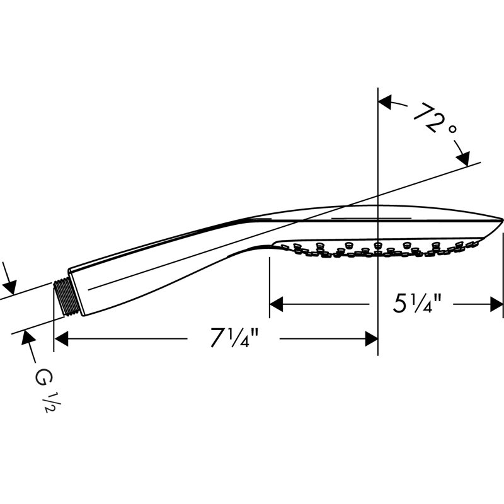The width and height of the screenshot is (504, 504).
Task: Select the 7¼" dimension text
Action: (x=234, y=338)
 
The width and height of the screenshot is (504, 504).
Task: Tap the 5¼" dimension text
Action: (x=417, y=304)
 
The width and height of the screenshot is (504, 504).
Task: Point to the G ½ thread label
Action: (x=44, y=391)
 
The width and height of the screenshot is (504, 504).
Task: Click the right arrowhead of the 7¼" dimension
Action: (x=372, y=339)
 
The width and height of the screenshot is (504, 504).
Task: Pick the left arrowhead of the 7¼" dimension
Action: (x=61, y=339)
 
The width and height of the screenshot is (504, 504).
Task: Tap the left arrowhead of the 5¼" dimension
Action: (x=277, y=304)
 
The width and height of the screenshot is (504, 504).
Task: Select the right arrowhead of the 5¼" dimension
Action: (x=496, y=304)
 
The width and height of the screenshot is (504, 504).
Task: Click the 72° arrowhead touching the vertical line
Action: (x=385, y=102)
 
